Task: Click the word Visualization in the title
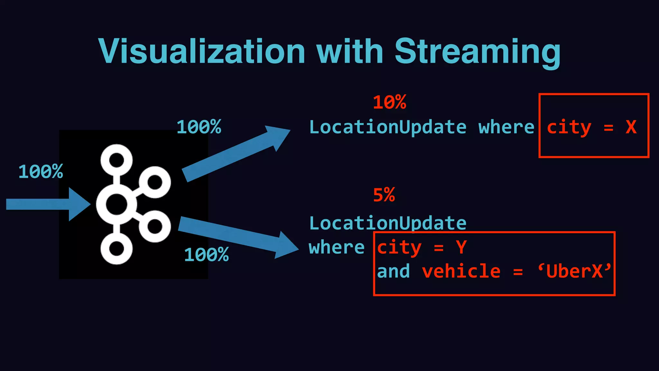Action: pyautogui.click(x=202, y=52)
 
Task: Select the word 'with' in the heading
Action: pyautogui.click(x=350, y=52)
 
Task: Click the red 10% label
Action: pyautogui.click(x=389, y=102)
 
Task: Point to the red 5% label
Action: pyautogui.click(x=384, y=195)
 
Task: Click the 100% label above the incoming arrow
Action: pyautogui.click(x=41, y=171)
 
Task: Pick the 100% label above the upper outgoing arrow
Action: pyautogui.click(x=199, y=127)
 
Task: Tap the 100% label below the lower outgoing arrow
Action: pyautogui.click(x=206, y=255)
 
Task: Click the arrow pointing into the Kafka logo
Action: pyautogui.click(x=48, y=204)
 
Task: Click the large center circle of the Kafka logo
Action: pyautogui.click(x=116, y=204)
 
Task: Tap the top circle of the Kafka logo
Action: pyautogui.click(x=116, y=160)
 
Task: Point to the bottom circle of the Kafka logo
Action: pyautogui.click(x=116, y=249)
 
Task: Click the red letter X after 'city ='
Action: pyautogui.click(x=631, y=127)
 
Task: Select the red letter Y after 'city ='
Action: pyautogui.click(x=461, y=248)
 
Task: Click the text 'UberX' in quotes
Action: pyautogui.click(x=574, y=271)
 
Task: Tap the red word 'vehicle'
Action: pyautogui.click(x=461, y=271)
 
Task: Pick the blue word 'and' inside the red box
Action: pyautogui.click(x=393, y=271)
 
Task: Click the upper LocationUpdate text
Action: pyautogui.click(x=388, y=127)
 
